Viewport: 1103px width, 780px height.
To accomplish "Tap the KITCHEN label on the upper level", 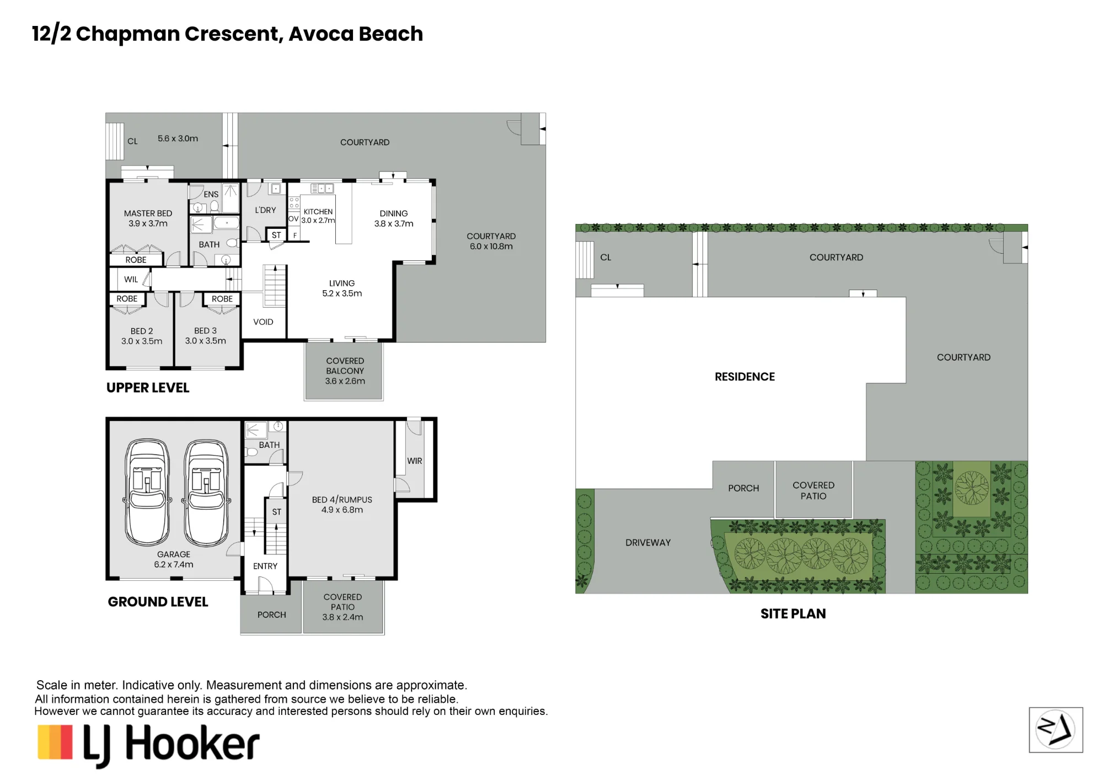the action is (x=318, y=212).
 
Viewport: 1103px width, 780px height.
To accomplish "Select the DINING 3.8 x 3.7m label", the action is (x=394, y=218).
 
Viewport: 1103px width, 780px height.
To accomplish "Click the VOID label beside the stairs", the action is (x=263, y=322).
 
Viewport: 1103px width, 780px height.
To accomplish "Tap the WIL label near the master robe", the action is (x=131, y=280).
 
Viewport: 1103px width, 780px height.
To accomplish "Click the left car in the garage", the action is (x=147, y=493).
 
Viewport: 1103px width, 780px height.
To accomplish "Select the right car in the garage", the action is (x=206, y=493).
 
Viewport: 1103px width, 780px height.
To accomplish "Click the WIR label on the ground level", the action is (x=415, y=461).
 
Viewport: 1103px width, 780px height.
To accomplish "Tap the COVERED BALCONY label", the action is (x=345, y=366).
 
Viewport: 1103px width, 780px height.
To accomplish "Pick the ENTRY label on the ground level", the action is (x=265, y=567).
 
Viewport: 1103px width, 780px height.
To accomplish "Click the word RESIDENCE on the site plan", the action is (x=745, y=377).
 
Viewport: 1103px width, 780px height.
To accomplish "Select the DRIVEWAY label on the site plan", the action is (x=648, y=543).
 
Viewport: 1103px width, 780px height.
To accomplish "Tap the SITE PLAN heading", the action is (x=793, y=614).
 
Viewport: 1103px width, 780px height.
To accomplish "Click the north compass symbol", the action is (x=1056, y=730).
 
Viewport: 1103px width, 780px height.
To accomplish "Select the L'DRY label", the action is (x=265, y=210).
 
